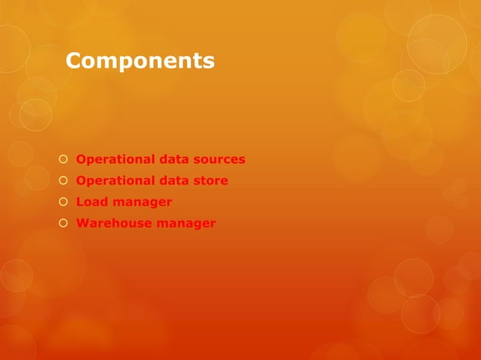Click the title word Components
[x=140, y=60]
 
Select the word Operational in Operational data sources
[x=115, y=160]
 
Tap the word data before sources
[x=173, y=160]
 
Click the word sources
[x=219, y=160]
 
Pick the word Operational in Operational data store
[x=115, y=181]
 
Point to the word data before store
[x=173, y=181]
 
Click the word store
[x=211, y=181]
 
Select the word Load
[x=92, y=202]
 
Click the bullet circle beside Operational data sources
[x=63, y=160]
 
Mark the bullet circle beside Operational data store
[x=63, y=181]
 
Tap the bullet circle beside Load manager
[x=63, y=202]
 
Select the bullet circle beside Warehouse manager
[x=63, y=223]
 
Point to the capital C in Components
[x=74, y=60]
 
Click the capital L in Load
[x=81, y=202]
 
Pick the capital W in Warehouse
[x=84, y=223]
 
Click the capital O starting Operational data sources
[x=82, y=160]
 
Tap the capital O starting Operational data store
[x=82, y=181]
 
